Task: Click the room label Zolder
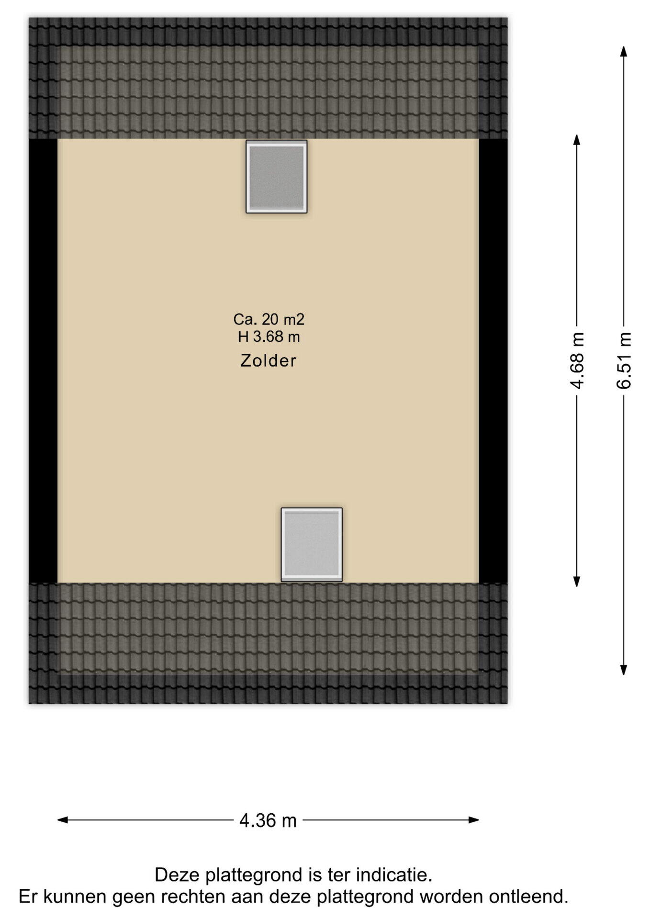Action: (x=268, y=360)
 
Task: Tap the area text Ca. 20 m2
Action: (x=269, y=319)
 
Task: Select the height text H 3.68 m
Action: (x=269, y=337)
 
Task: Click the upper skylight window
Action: (x=277, y=177)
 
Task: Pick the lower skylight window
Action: (x=312, y=545)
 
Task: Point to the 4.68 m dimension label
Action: (x=577, y=360)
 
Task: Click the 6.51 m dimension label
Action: (x=624, y=360)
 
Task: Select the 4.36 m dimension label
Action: (x=268, y=820)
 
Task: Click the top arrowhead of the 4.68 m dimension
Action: (x=577, y=140)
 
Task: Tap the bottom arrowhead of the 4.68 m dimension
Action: (x=577, y=581)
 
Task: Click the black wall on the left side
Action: (x=43, y=361)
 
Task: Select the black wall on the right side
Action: (x=493, y=361)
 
